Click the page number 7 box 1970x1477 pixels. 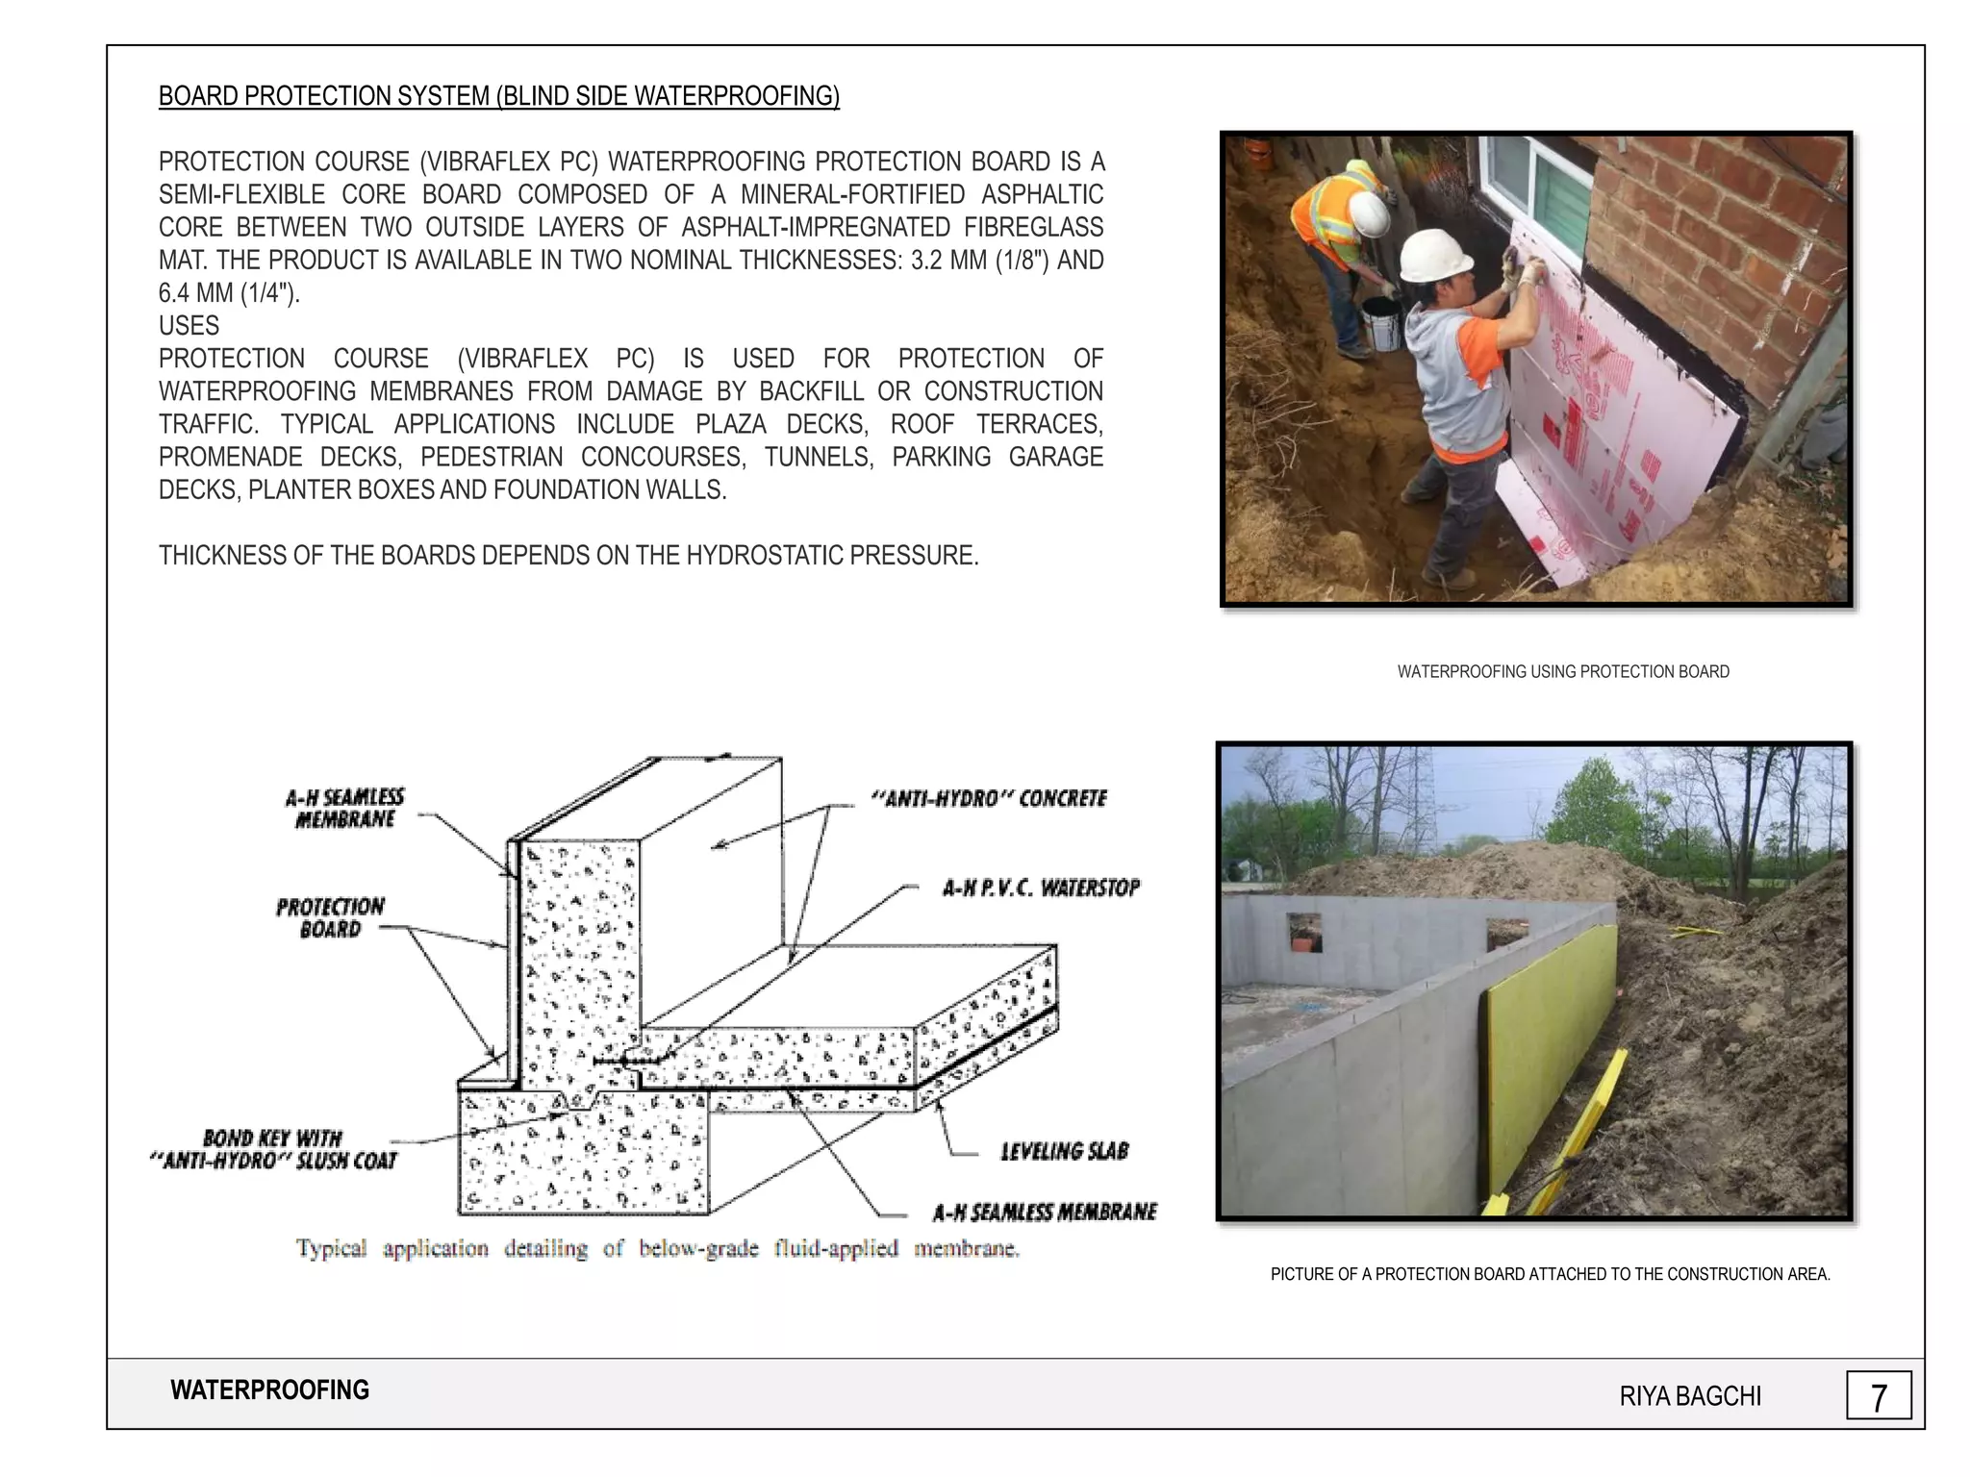[1878, 1395]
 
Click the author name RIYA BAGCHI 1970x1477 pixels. [1690, 1396]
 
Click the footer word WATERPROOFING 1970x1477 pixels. [269, 1390]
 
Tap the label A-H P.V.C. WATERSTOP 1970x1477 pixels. [1041, 888]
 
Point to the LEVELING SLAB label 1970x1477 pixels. [1064, 1151]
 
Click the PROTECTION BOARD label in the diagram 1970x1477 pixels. [330, 917]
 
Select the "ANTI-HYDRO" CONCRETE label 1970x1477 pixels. [989, 799]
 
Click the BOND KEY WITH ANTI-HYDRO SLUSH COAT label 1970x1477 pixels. [274, 1149]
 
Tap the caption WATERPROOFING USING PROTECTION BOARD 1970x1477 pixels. [1563, 672]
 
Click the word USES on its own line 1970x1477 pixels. [189, 326]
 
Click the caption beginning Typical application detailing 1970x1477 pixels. [657, 1248]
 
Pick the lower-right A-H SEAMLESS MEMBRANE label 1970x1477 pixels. [1045, 1212]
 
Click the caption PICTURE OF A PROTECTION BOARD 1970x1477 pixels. [1550, 1274]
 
